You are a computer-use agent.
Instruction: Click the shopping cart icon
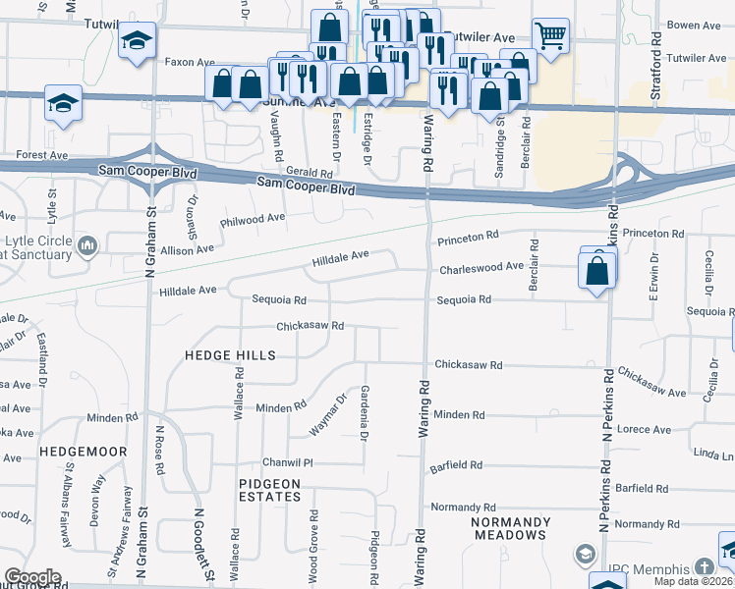[550, 35]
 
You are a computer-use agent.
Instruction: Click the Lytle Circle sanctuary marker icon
[87, 243]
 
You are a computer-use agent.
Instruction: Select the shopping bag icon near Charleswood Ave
[597, 269]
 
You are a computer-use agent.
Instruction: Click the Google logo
[32, 577]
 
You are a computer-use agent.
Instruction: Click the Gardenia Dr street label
[365, 413]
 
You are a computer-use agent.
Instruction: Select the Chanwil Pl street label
[286, 462]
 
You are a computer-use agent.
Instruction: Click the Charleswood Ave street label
[481, 267]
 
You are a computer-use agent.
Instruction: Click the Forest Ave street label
[41, 155]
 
